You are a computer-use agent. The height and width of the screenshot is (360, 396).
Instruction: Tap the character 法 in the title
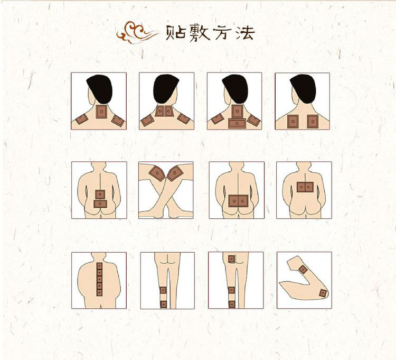[x=245, y=33]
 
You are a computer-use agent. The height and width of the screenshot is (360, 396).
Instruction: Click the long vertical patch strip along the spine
[x=99, y=279]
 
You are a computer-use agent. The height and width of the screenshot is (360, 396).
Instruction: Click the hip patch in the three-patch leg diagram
[x=232, y=259]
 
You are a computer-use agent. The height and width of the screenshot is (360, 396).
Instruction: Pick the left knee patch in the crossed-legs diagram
[x=157, y=173]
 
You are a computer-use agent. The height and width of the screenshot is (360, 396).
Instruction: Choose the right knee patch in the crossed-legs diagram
[x=175, y=173]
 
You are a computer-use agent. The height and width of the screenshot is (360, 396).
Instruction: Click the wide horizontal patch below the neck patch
[x=237, y=123]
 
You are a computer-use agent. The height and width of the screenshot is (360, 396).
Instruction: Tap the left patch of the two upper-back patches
[x=293, y=122]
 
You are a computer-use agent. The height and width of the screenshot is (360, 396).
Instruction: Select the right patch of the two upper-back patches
[x=313, y=122]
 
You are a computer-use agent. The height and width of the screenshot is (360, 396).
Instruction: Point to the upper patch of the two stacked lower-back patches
[x=100, y=194]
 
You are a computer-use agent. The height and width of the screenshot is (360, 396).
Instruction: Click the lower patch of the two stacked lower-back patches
[x=100, y=204]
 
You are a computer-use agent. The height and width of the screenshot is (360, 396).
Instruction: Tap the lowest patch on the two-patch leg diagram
[x=164, y=304]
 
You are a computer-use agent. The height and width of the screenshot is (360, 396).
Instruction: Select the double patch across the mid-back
[x=305, y=187]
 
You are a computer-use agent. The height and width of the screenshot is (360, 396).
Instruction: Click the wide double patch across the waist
[x=238, y=201]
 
